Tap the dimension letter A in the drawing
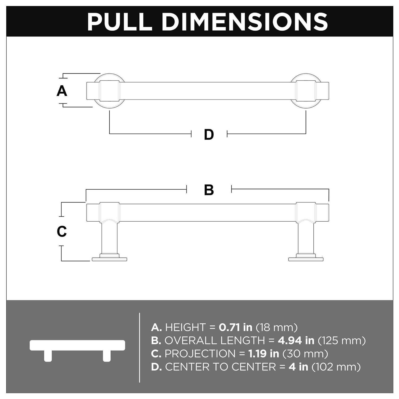[62, 91]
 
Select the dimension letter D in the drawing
[209, 135]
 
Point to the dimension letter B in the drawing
[209, 190]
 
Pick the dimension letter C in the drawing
[62, 231]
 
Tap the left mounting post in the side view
[109, 238]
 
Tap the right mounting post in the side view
[306, 238]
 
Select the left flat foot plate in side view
[109, 259]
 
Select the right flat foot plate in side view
[306, 259]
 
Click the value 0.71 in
[235, 327]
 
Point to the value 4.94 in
[296, 340]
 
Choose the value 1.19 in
[263, 354]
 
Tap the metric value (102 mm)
[336, 367]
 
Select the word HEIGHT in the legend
[185, 327]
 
